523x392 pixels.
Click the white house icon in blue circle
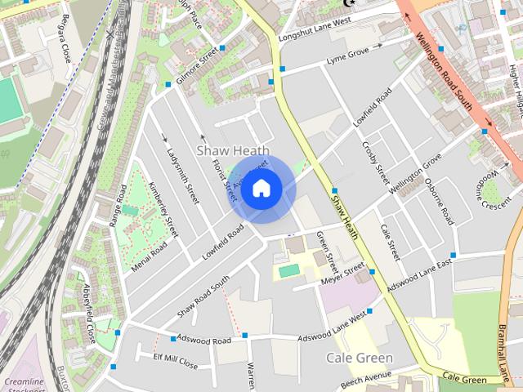pyautogui.click(x=261, y=189)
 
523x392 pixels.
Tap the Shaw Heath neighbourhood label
pyautogui.click(x=233, y=151)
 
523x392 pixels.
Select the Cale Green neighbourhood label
pyautogui.click(x=359, y=358)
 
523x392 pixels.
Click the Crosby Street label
pyautogui.click(x=375, y=163)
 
